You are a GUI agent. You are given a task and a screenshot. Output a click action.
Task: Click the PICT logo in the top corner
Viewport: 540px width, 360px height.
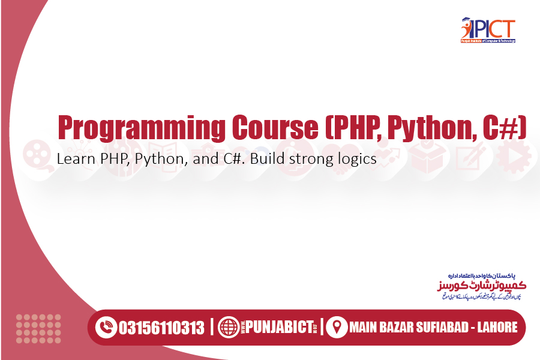[487, 30]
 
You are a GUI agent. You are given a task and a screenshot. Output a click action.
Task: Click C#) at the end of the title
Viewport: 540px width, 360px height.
[504, 127]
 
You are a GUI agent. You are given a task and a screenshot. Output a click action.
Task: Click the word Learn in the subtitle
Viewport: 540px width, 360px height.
[72, 159]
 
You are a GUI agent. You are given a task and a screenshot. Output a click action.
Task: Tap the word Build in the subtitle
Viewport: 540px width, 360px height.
[268, 159]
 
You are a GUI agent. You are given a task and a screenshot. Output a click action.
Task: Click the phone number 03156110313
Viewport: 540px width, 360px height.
[161, 328]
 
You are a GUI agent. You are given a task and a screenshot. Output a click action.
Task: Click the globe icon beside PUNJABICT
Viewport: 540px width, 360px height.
[229, 328]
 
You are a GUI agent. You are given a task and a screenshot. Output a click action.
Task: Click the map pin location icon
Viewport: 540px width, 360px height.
[337, 328]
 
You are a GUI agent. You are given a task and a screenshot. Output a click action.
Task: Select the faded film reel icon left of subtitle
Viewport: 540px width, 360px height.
[37, 155]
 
